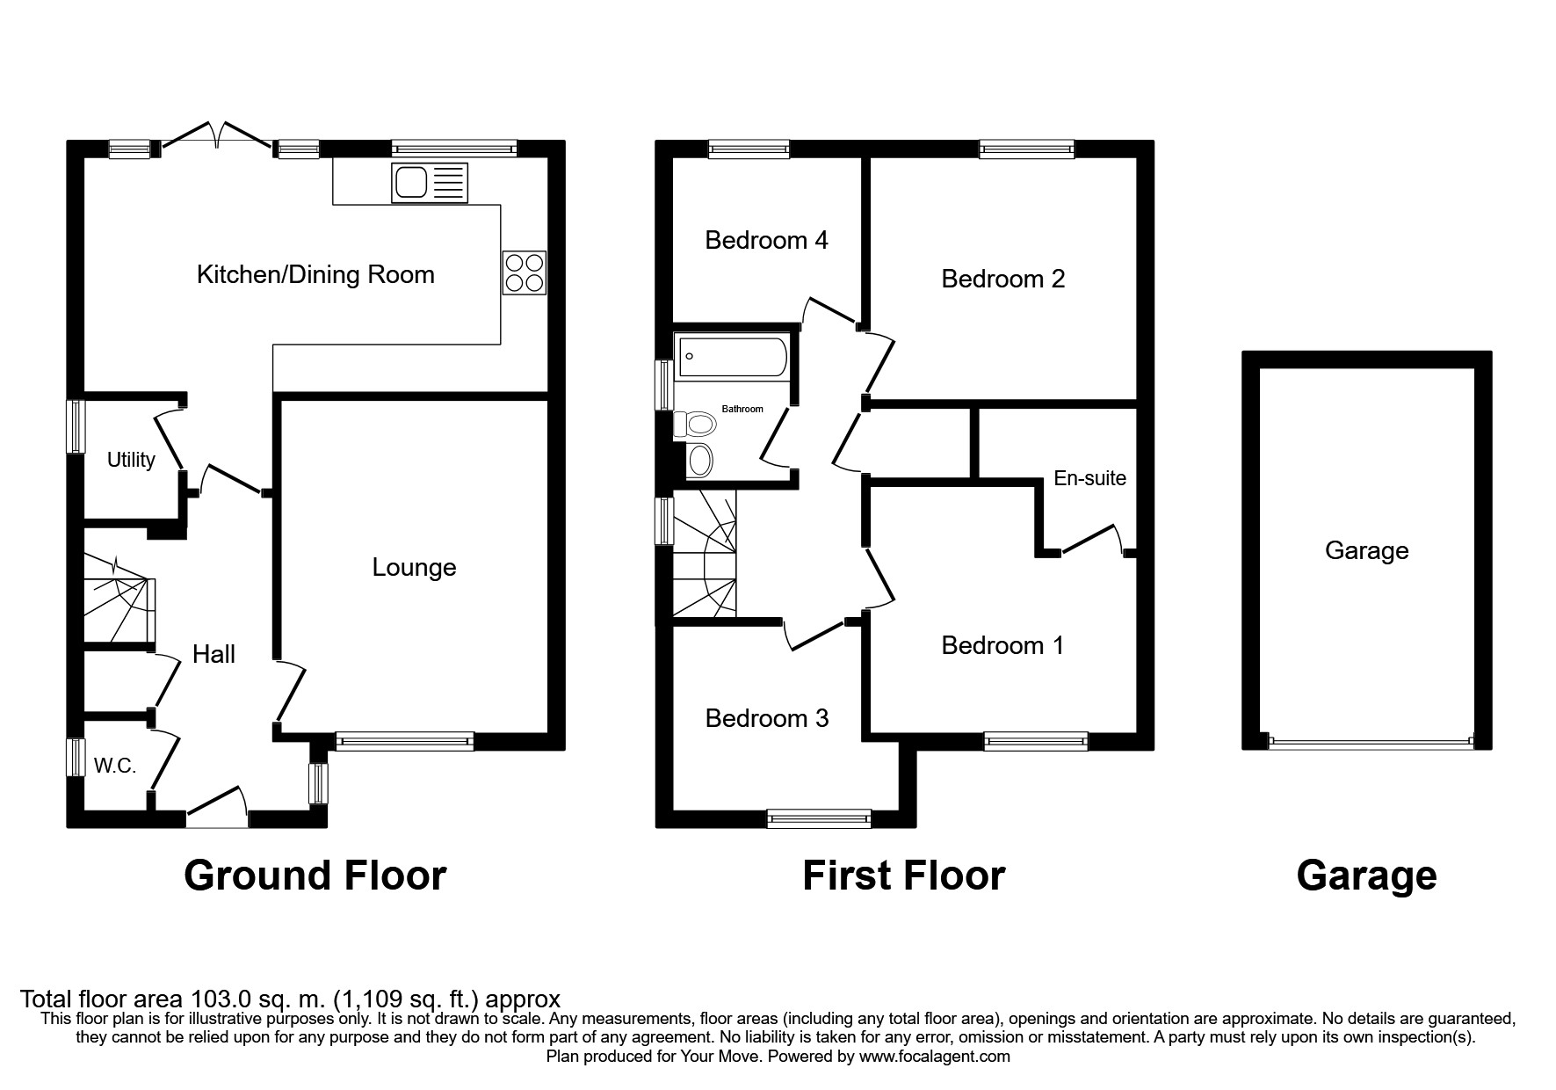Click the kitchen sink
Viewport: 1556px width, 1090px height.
(431, 183)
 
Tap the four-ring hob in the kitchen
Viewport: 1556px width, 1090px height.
(524, 272)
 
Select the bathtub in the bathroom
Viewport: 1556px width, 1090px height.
(731, 357)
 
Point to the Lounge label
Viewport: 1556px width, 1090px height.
(414, 568)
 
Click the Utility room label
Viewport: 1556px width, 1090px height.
(131, 460)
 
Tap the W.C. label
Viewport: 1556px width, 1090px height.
(115, 767)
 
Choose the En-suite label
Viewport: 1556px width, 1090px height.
(1089, 478)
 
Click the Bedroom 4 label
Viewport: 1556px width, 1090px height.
(766, 240)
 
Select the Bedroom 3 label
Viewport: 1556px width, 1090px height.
(767, 719)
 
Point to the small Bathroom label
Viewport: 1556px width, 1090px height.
(742, 409)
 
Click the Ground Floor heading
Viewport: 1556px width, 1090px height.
(315, 876)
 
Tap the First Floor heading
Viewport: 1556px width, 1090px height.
(903, 876)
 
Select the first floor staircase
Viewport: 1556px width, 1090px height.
(705, 554)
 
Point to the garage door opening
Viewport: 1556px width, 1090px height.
(1370, 743)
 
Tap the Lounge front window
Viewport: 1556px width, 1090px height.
(404, 742)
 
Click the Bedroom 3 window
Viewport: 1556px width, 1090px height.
(819, 819)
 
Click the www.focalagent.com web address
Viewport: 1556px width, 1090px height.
(934, 1057)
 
